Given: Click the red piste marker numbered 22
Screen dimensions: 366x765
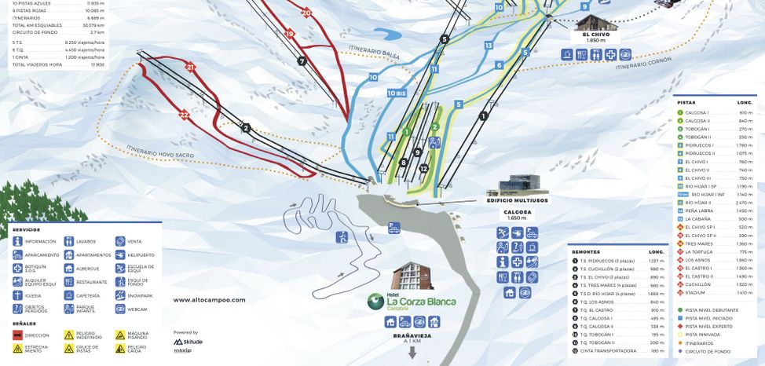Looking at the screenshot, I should point(184,115).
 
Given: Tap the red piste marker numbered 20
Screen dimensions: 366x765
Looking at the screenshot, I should point(306,13).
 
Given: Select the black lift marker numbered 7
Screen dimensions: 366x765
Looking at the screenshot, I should point(302,60).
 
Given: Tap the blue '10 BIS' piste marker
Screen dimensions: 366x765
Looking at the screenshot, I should point(397,93).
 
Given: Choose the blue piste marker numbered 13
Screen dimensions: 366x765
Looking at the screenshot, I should point(489,46).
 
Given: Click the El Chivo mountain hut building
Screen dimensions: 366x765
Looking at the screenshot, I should point(595,22).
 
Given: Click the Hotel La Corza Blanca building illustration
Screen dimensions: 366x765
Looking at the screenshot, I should point(412,276).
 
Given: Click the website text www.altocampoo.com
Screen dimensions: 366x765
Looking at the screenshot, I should point(209,299).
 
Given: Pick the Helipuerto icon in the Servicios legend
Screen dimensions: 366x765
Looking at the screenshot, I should point(120,255).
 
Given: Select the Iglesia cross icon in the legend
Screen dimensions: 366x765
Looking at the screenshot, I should point(17,295).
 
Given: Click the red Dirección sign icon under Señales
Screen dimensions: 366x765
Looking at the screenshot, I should point(17,335).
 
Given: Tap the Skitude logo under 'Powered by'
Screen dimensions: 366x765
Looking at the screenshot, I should point(188,342).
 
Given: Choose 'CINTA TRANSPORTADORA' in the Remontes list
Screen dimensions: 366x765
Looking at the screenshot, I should point(609,350).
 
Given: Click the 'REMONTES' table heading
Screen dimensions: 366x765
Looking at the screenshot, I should point(586,252).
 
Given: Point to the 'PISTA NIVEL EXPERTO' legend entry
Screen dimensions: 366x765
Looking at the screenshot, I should point(709,326).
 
